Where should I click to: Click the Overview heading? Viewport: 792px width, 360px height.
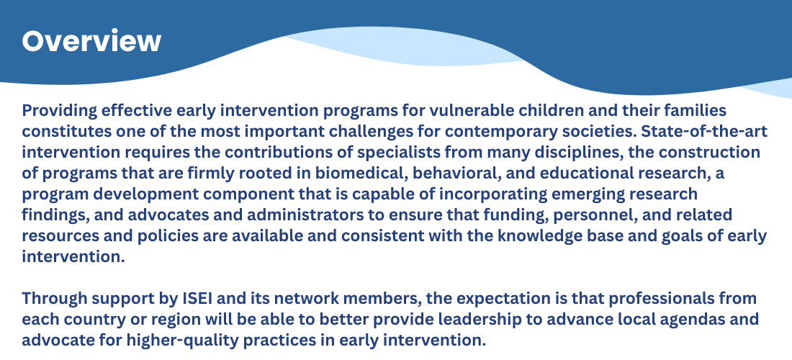click(91, 41)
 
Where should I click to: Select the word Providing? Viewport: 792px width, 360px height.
click(60, 111)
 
